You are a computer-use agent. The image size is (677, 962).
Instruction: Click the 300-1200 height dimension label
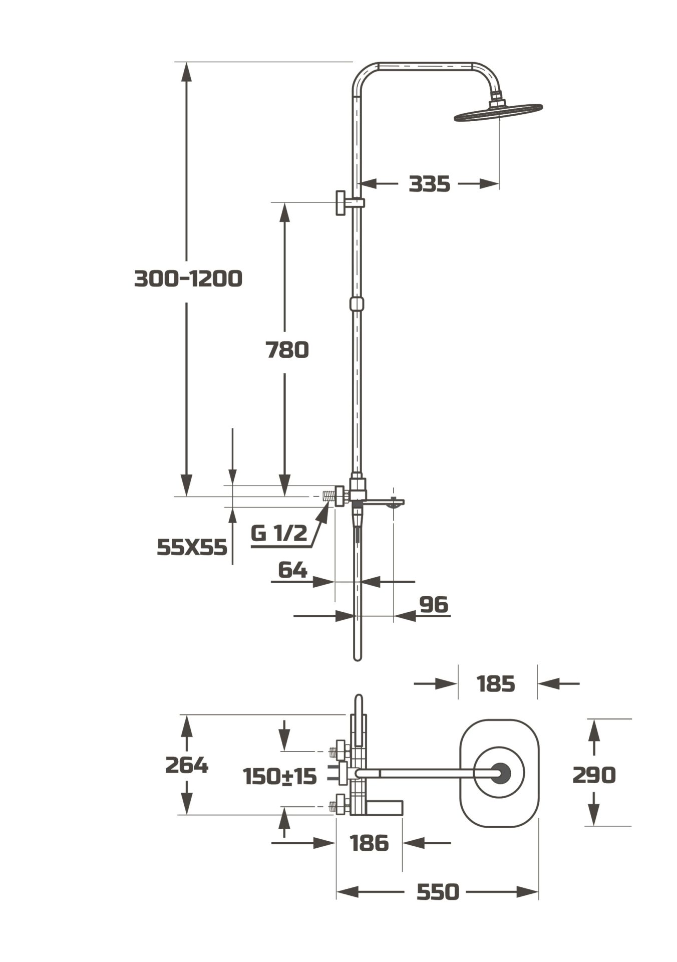(188, 278)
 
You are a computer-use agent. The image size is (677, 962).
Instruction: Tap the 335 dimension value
(429, 184)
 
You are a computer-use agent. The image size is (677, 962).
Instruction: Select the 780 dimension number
(287, 350)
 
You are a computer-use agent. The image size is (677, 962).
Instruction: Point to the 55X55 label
(192, 547)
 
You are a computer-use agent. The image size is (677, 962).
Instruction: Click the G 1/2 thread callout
(279, 533)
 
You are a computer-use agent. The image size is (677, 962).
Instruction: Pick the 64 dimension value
(292, 570)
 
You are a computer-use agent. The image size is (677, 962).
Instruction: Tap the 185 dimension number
(495, 683)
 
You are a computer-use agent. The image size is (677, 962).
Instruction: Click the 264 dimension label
(186, 765)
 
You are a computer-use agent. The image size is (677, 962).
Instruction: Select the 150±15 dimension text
(279, 777)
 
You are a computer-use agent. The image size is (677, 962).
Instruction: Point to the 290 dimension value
(594, 775)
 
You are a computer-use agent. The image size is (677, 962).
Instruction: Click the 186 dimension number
(370, 843)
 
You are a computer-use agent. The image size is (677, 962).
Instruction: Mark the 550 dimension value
(437, 892)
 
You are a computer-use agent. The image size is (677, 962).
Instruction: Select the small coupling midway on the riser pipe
(357, 304)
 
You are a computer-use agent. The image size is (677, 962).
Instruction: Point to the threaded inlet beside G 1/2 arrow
(328, 497)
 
